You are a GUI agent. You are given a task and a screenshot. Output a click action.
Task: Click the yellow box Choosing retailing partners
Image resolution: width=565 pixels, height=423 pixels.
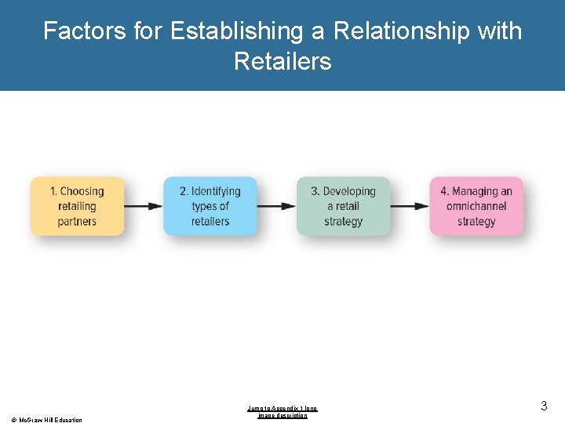[x=77, y=206]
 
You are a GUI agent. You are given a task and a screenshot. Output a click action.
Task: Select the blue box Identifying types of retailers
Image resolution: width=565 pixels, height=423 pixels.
[x=210, y=206]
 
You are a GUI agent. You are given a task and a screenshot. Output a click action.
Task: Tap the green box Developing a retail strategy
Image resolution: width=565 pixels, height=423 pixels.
[x=343, y=206]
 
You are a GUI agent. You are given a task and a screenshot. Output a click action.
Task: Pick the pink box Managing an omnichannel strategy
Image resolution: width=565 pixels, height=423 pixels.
[x=476, y=206]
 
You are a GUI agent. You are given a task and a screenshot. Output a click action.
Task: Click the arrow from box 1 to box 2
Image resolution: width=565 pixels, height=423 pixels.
[x=144, y=206]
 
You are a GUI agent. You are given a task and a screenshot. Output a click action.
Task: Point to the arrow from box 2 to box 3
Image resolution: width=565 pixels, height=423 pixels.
[x=276, y=206]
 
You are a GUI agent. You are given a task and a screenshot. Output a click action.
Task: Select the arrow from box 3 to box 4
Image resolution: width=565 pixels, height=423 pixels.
[x=410, y=206]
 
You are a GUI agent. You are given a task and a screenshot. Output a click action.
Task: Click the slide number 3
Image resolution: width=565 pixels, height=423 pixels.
[x=543, y=406]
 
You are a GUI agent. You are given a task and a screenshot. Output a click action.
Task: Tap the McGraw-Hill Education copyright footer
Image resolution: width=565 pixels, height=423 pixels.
[x=46, y=420]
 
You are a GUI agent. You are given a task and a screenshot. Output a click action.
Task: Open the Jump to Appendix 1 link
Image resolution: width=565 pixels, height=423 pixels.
[x=282, y=412]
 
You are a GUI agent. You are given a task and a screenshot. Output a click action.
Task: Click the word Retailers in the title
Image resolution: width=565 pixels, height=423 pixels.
[x=282, y=61]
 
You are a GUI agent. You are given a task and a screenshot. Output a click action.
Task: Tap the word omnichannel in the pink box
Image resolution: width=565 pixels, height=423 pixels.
[x=476, y=206]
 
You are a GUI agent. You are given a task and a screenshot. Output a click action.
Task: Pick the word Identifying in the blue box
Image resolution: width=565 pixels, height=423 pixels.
[x=216, y=191]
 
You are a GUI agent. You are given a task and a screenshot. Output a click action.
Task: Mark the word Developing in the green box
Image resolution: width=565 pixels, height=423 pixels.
[x=349, y=191]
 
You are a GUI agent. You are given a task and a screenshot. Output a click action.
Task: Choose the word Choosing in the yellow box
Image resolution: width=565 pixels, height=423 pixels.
[x=82, y=191]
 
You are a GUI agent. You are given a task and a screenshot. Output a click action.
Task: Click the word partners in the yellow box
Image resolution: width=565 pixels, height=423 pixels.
[x=77, y=221]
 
